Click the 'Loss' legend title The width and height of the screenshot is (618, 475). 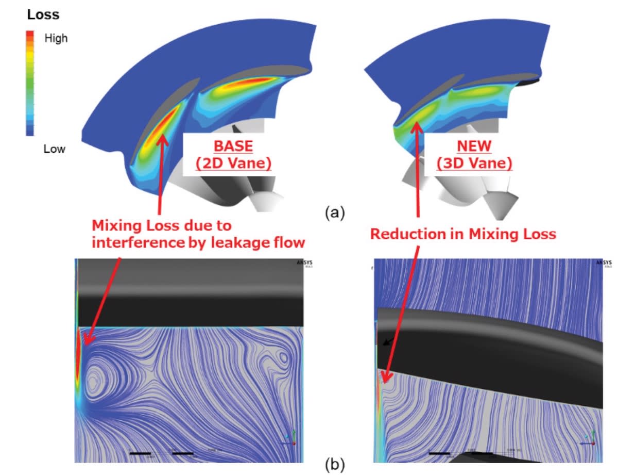[43, 15]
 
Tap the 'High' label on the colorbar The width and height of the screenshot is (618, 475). [56, 38]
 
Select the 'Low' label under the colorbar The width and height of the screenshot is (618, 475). [55, 149]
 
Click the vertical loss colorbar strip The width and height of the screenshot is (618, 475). [30, 83]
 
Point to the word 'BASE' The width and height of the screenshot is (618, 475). [233, 146]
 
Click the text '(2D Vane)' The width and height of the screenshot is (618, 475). [233, 163]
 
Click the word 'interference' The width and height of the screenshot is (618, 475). [136, 241]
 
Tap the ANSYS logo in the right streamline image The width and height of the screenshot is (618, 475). [603, 263]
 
